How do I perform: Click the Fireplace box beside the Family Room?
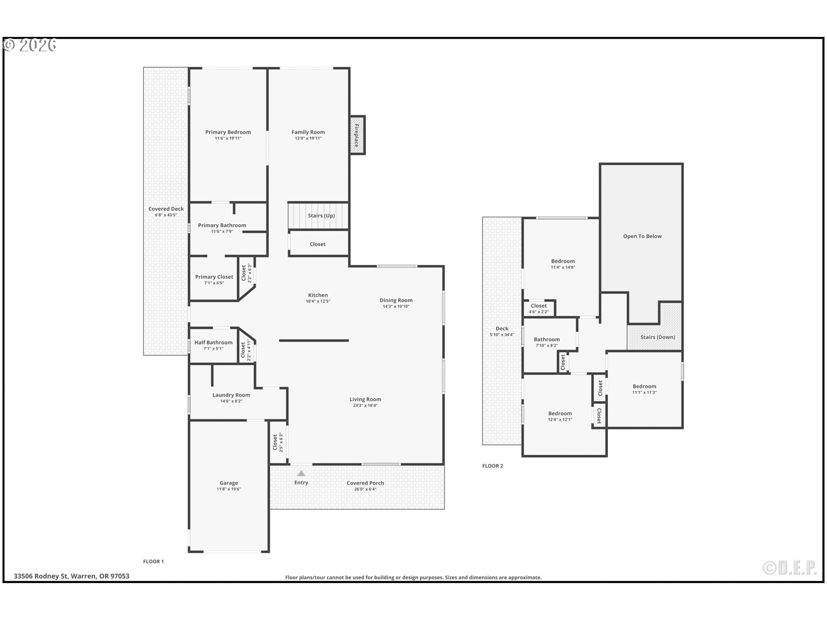[x=357, y=135]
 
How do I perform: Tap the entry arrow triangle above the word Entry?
[x=301, y=474]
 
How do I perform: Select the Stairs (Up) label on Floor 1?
[x=321, y=216]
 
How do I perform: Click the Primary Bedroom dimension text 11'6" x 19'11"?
[x=228, y=138]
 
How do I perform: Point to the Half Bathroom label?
[x=213, y=342]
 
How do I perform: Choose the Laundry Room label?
[x=231, y=395]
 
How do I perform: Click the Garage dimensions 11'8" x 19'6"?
[x=229, y=489]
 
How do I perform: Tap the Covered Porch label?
[x=365, y=483]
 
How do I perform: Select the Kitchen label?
[x=318, y=295]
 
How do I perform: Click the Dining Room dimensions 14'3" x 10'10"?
[x=396, y=307]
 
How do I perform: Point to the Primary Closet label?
[x=214, y=277]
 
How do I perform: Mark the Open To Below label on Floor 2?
[x=642, y=236]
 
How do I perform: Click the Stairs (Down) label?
[x=657, y=337]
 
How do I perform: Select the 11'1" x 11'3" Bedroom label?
[x=644, y=386]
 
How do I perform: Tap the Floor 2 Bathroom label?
[x=547, y=339]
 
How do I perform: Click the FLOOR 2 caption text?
[x=492, y=466]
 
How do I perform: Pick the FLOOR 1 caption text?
[x=153, y=561]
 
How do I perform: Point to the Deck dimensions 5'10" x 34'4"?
[x=502, y=335]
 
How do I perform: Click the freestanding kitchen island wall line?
[x=314, y=341]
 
